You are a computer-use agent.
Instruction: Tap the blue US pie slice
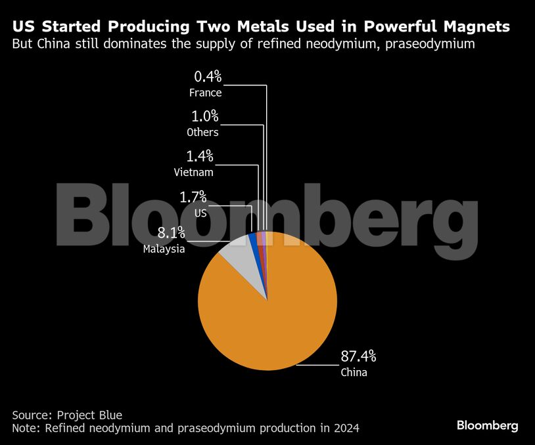click(x=252, y=240)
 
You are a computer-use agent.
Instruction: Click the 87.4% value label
click(x=358, y=356)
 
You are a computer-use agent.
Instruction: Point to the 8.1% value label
click(x=171, y=233)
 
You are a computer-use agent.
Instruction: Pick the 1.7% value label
click(x=193, y=196)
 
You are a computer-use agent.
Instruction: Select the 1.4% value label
click(x=199, y=156)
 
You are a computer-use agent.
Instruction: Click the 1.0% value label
click(x=204, y=117)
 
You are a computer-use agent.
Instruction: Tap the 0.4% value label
click(x=208, y=77)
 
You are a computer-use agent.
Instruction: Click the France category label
click(x=205, y=93)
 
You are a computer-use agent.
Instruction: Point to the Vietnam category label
click(x=193, y=173)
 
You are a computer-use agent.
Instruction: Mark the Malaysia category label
click(x=164, y=249)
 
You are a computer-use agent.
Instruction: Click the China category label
click(x=354, y=373)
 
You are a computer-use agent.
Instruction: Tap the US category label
click(x=200, y=212)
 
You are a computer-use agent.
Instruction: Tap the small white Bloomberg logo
click(x=488, y=426)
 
